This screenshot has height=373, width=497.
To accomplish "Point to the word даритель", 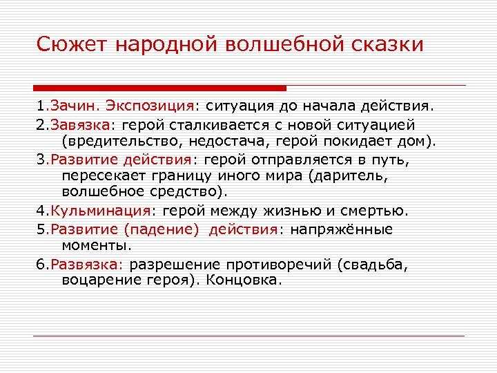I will coord(349,176).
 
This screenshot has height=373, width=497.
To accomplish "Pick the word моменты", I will coord(96,245).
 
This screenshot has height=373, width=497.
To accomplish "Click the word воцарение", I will coord(100,280).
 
